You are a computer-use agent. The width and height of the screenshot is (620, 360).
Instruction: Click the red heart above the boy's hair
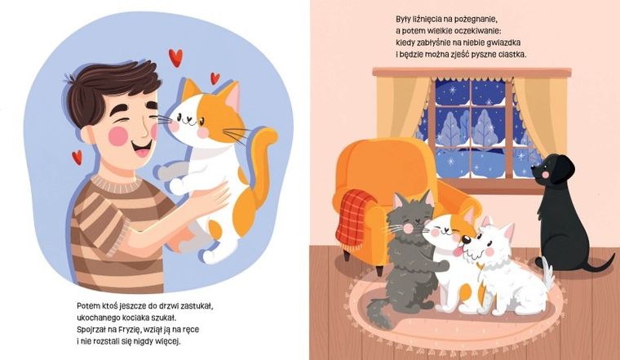point(175,57)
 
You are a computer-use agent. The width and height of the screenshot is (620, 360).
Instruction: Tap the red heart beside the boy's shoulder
point(77,157)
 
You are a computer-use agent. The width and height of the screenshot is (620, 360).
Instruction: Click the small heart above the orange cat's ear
point(215,78)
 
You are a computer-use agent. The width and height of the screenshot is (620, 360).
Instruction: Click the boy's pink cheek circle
point(117,136)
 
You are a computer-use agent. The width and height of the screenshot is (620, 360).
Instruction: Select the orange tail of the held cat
point(260,167)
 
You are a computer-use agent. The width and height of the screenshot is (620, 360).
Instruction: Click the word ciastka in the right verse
point(513,55)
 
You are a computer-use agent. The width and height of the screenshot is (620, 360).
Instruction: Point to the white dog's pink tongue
point(458,251)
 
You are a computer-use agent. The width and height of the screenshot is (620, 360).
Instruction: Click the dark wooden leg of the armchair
point(379,270)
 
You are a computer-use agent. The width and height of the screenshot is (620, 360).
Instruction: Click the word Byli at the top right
point(403,19)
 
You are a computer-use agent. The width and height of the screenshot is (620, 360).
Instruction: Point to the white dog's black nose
point(467,239)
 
